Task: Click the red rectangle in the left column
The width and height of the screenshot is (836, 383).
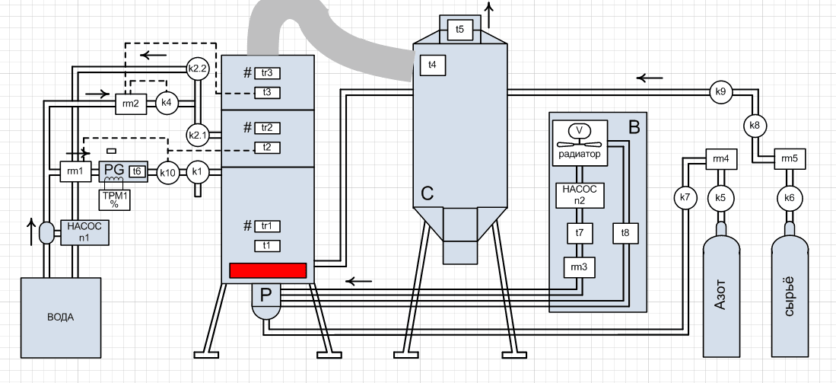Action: (268, 270)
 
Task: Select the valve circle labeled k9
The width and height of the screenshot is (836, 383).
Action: (720, 92)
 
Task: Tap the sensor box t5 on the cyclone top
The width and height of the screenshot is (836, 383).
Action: (459, 30)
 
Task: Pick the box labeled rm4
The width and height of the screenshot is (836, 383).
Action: (721, 159)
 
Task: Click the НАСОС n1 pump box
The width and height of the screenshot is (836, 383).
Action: (84, 231)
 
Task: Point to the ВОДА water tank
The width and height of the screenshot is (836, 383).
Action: (60, 316)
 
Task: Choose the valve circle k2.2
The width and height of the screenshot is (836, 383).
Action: (197, 68)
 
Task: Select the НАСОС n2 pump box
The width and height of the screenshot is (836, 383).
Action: (580, 196)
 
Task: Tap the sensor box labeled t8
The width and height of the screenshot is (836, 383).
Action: (625, 232)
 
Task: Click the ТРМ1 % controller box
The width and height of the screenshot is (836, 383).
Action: (115, 199)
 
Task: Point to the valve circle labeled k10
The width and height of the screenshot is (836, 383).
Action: (168, 173)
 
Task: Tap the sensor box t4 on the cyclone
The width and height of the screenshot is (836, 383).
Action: (432, 65)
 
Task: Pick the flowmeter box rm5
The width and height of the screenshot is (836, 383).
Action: (790, 159)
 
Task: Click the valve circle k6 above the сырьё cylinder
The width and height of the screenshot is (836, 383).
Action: (789, 198)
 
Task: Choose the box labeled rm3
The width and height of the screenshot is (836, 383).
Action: (579, 267)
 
